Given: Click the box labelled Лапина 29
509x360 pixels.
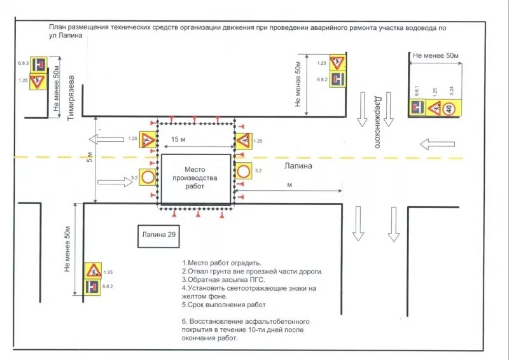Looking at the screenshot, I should (x=159, y=235).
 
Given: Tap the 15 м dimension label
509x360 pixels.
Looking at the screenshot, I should (x=179, y=139).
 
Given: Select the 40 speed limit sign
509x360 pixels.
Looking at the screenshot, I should (x=451, y=109).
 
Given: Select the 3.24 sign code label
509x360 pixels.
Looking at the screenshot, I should (x=451, y=91).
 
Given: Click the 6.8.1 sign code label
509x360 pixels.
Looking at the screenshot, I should (x=417, y=91).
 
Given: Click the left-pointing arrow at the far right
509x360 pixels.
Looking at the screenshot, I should (x=438, y=144).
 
